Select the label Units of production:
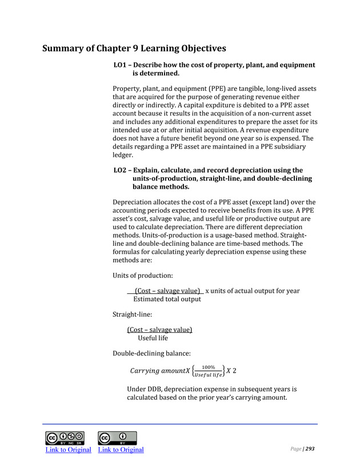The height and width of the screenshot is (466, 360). point(135,276)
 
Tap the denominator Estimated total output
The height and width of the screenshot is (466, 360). point(167,299)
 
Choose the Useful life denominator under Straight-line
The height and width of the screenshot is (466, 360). point(153,338)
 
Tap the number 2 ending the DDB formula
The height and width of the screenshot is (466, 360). point(235,371)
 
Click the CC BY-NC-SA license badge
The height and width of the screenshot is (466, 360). point(65,438)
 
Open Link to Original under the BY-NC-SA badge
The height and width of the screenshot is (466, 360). point(69,449)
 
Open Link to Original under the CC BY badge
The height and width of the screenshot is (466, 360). point(121,449)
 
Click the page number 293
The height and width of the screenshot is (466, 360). point(310,449)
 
